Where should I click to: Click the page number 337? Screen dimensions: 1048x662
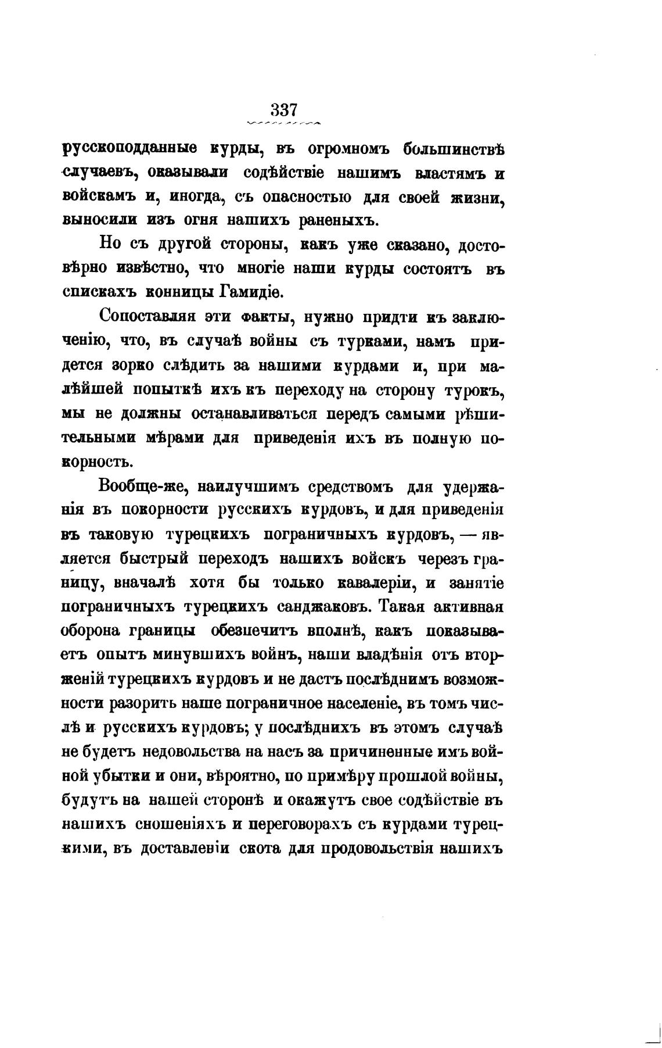(283, 110)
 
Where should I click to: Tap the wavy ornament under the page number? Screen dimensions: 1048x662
(285, 123)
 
